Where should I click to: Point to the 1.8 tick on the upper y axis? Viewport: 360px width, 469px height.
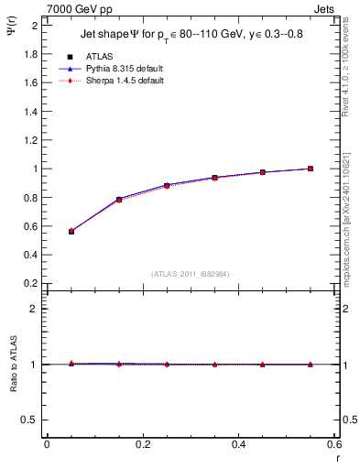click(31, 54)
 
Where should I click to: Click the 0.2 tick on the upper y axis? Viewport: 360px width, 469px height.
click(31, 284)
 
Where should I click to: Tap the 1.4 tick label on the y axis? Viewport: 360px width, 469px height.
click(31, 112)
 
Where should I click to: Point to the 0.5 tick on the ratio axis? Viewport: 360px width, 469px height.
click(31, 420)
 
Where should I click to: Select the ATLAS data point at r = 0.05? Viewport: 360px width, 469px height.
click(71, 232)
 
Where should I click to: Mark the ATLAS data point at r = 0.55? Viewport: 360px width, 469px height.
click(311, 169)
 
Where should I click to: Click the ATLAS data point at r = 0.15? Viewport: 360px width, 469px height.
click(119, 200)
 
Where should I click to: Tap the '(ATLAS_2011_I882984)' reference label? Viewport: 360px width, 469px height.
click(191, 274)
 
